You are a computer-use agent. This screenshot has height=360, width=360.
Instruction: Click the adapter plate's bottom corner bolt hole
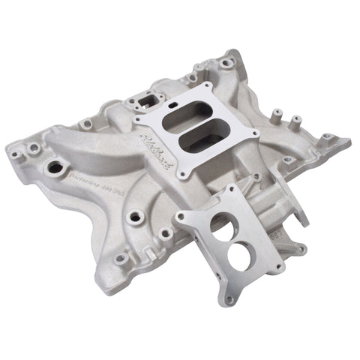229,299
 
